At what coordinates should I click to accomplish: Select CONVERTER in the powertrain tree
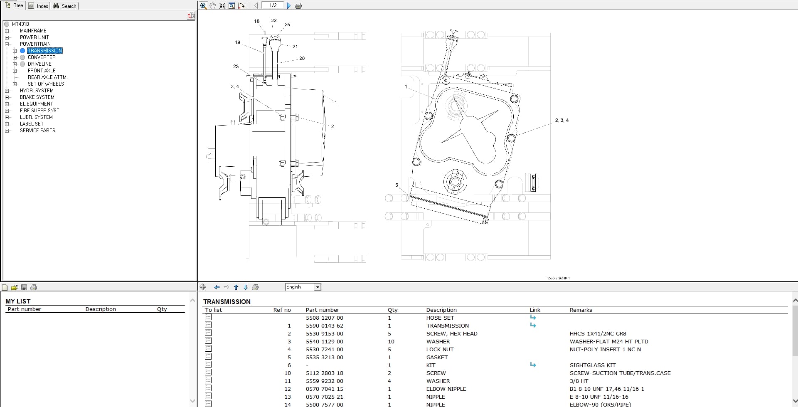pos(42,57)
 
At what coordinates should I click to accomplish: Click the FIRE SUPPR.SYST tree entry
pos(39,111)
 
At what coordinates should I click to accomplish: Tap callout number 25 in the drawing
pos(287,25)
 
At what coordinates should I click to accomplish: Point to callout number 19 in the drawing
pos(237,42)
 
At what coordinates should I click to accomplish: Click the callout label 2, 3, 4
pos(562,120)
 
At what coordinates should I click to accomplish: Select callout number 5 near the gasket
pos(397,185)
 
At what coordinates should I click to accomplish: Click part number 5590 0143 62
pos(324,326)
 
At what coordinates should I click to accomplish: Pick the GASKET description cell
pos(437,357)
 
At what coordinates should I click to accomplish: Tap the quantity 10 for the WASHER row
pos(391,341)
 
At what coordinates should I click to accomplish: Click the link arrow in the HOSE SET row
pos(533,318)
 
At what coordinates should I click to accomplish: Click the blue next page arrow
pos(289,6)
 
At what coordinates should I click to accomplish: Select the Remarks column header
pos(581,310)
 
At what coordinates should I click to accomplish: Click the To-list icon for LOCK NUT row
pos(208,349)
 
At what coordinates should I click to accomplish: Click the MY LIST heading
pos(18,301)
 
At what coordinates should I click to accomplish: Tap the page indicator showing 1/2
pos(273,5)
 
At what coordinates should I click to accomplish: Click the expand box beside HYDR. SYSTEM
pos(7,91)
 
